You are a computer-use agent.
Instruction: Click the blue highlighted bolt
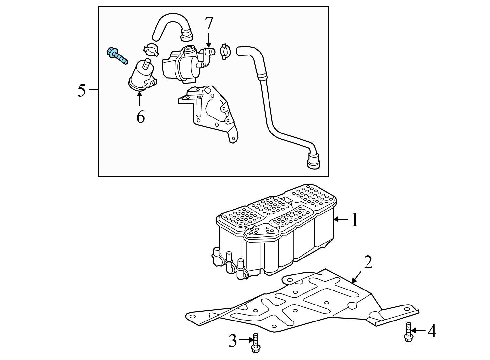[117, 56]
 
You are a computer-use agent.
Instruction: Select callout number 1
[354, 220]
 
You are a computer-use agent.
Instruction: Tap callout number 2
[368, 262]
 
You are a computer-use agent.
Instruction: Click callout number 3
[232, 341]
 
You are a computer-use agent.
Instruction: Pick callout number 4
[432, 332]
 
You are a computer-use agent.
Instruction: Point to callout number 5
[82, 90]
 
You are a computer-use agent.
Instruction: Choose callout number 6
[140, 117]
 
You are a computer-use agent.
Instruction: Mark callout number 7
[209, 23]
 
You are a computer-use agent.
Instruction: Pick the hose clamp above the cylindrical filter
[151, 49]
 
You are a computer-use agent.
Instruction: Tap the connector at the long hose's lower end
[313, 162]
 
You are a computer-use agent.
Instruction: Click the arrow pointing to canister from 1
[341, 220]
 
